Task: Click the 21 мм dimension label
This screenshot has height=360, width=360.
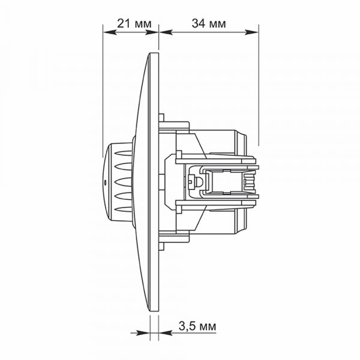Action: click(134, 23)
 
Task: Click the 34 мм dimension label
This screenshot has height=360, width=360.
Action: click(209, 23)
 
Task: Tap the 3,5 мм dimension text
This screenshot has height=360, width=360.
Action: click(197, 326)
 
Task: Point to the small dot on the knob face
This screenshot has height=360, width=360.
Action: click(105, 183)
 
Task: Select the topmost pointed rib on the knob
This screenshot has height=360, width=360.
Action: click(123, 153)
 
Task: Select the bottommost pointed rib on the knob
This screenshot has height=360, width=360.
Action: click(123, 209)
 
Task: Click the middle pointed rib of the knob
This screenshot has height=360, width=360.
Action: click(123, 181)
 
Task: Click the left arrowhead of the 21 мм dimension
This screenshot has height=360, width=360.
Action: click(110, 32)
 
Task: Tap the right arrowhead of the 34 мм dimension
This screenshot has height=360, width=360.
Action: click(252, 32)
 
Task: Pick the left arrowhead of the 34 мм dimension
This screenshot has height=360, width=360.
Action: click(166, 32)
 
